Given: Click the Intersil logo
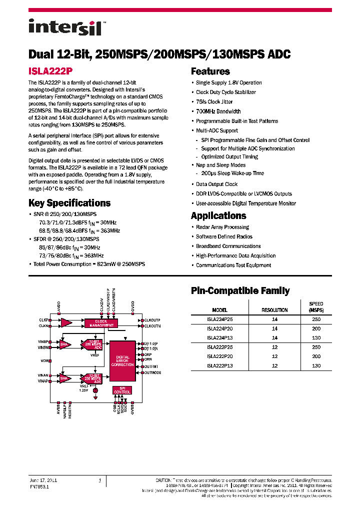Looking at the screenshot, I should point(65,27).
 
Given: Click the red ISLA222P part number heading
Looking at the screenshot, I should point(50,71).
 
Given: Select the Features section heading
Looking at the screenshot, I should point(210,71).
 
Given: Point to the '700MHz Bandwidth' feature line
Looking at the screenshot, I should point(218,111).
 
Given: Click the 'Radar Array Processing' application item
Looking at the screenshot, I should point(222,227).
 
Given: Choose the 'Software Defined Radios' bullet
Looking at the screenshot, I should point(224,236).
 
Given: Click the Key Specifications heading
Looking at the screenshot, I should point(69,203).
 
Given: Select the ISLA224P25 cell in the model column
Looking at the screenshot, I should point(219,319).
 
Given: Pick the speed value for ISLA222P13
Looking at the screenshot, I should point(316,366).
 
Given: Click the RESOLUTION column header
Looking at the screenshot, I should point(274,310).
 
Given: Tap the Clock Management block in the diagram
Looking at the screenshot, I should point(101,322).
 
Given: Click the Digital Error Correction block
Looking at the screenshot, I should point(122,361).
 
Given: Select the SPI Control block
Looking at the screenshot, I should point(122,390).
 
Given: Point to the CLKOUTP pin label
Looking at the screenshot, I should point(152,319).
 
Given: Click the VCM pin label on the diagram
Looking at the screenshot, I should point(45,360).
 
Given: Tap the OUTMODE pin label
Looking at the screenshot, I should point(152,372).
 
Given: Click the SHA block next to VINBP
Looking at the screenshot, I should point(64,344).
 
